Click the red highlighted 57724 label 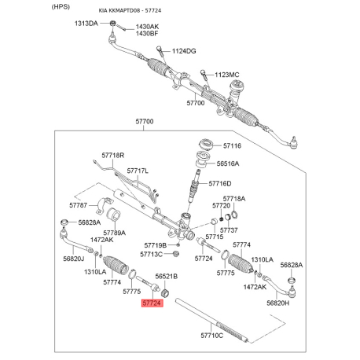coord(152,302)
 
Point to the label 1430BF coord(147,34)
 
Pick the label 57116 coord(233,145)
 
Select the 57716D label coord(220,183)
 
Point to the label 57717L coord(137,170)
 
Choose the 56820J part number coord(73,259)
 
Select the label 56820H coord(278,303)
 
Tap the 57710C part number coord(211,336)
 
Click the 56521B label coord(166,277)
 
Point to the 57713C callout coord(151,254)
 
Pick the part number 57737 coord(229,230)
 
